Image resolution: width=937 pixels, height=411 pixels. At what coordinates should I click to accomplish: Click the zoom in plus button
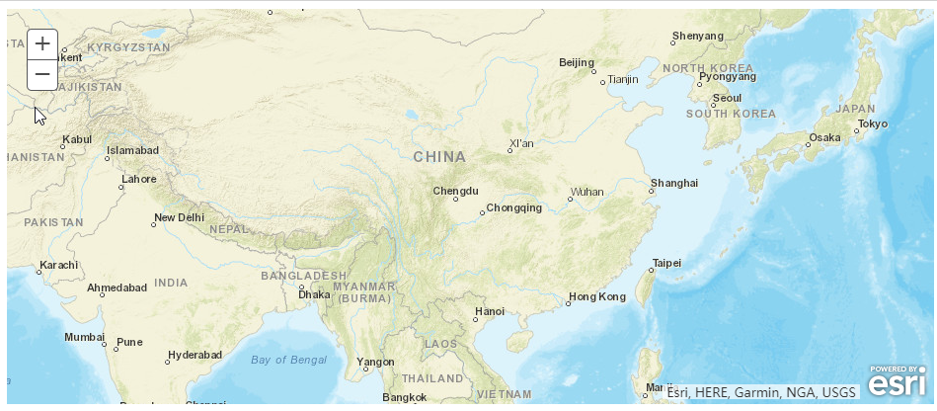42,43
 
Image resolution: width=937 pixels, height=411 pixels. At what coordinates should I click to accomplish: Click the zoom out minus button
42,74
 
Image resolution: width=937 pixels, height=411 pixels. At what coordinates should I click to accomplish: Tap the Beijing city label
577,62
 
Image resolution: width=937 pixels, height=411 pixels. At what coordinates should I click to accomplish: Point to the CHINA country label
439,156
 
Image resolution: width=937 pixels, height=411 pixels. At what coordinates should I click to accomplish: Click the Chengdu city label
455,190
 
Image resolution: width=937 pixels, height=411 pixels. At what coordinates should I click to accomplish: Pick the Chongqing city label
514,207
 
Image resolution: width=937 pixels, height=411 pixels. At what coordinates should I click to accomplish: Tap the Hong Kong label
597,296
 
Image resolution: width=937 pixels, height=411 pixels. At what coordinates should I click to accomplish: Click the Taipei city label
666,263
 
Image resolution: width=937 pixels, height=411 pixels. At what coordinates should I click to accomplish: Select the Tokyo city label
873,123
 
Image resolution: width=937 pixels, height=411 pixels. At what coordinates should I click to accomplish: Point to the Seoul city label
728,98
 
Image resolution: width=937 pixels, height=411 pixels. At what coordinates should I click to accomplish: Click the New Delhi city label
179,217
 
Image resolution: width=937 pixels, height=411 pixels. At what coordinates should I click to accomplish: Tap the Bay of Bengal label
288,359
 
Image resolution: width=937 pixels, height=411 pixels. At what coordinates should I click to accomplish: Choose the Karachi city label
58,265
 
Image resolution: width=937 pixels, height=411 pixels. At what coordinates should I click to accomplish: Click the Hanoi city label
490,311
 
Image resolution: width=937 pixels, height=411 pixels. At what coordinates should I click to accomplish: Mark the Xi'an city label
521,144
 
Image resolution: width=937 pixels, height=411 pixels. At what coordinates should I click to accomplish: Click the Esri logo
898,382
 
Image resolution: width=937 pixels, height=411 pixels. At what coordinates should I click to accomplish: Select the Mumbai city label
84,337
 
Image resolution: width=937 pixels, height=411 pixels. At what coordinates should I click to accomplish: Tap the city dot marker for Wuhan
570,199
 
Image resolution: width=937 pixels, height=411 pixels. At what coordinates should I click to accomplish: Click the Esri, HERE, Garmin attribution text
761,392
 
